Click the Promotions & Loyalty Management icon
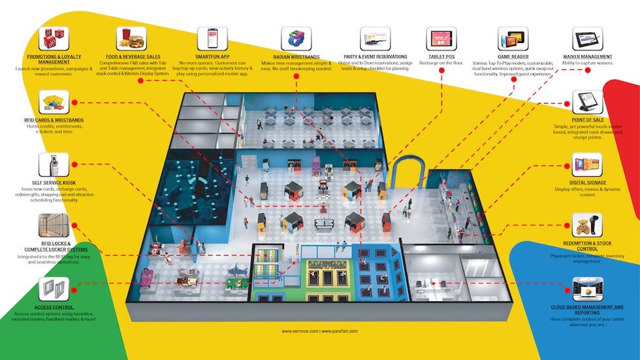tap(54, 39)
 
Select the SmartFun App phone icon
tap(212, 39)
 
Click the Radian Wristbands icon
tap(295, 40)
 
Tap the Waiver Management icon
tap(586, 39)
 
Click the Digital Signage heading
tap(587, 183)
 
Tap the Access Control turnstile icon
tap(54, 289)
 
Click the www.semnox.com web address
tap(300, 331)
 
